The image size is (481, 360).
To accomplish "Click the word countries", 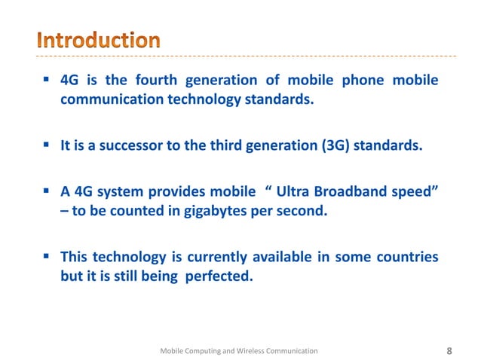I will coord(408,257).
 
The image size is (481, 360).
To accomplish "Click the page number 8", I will coord(450,350).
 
